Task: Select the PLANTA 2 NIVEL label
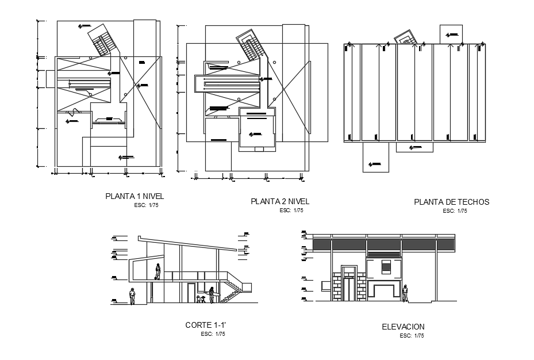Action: [x=280, y=201]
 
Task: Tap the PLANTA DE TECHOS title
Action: [x=451, y=202]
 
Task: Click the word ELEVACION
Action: [x=403, y=327]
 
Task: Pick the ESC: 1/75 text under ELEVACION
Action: [x=411, y=335]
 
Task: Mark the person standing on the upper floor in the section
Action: [x=157, y=271]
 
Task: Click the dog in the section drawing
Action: [x=201, y=299]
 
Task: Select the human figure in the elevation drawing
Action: [x=405, y=293]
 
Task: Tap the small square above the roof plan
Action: [x=451, y=33]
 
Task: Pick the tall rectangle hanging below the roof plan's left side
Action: [x=375, y=157]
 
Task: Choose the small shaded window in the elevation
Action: [x=386, y=267]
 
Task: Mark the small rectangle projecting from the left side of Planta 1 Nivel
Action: [x=47, y=79]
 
